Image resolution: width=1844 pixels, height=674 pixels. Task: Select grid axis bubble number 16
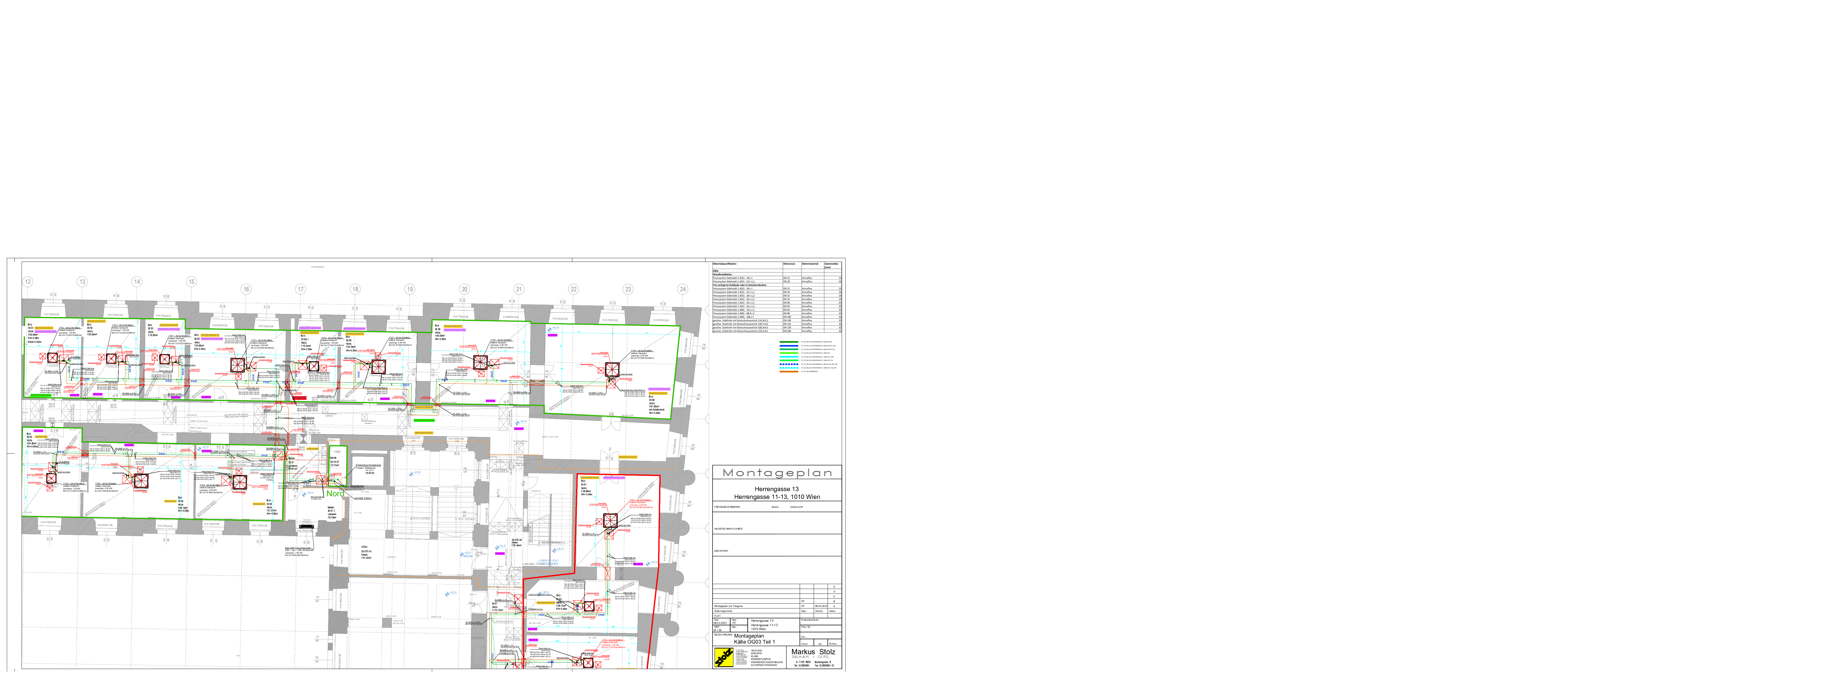[246, 289]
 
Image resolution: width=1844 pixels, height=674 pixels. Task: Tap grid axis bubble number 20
[464, 289]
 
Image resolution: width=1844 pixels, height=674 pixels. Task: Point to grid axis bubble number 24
[682, 289]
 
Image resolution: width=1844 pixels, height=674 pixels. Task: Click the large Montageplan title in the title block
[777, 473]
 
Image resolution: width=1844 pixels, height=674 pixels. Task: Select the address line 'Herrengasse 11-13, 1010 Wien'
[777, 497]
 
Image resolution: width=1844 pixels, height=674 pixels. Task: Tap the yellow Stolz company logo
[724, 657]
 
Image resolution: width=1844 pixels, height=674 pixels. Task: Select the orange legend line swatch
[788, 371]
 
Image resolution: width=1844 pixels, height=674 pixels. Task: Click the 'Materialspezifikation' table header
[724, 264]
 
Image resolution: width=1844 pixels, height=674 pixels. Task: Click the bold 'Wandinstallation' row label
[722, 274]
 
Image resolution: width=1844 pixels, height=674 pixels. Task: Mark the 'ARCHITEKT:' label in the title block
[722, 552]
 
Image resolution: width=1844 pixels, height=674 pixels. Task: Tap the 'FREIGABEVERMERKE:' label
[726, 506]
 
